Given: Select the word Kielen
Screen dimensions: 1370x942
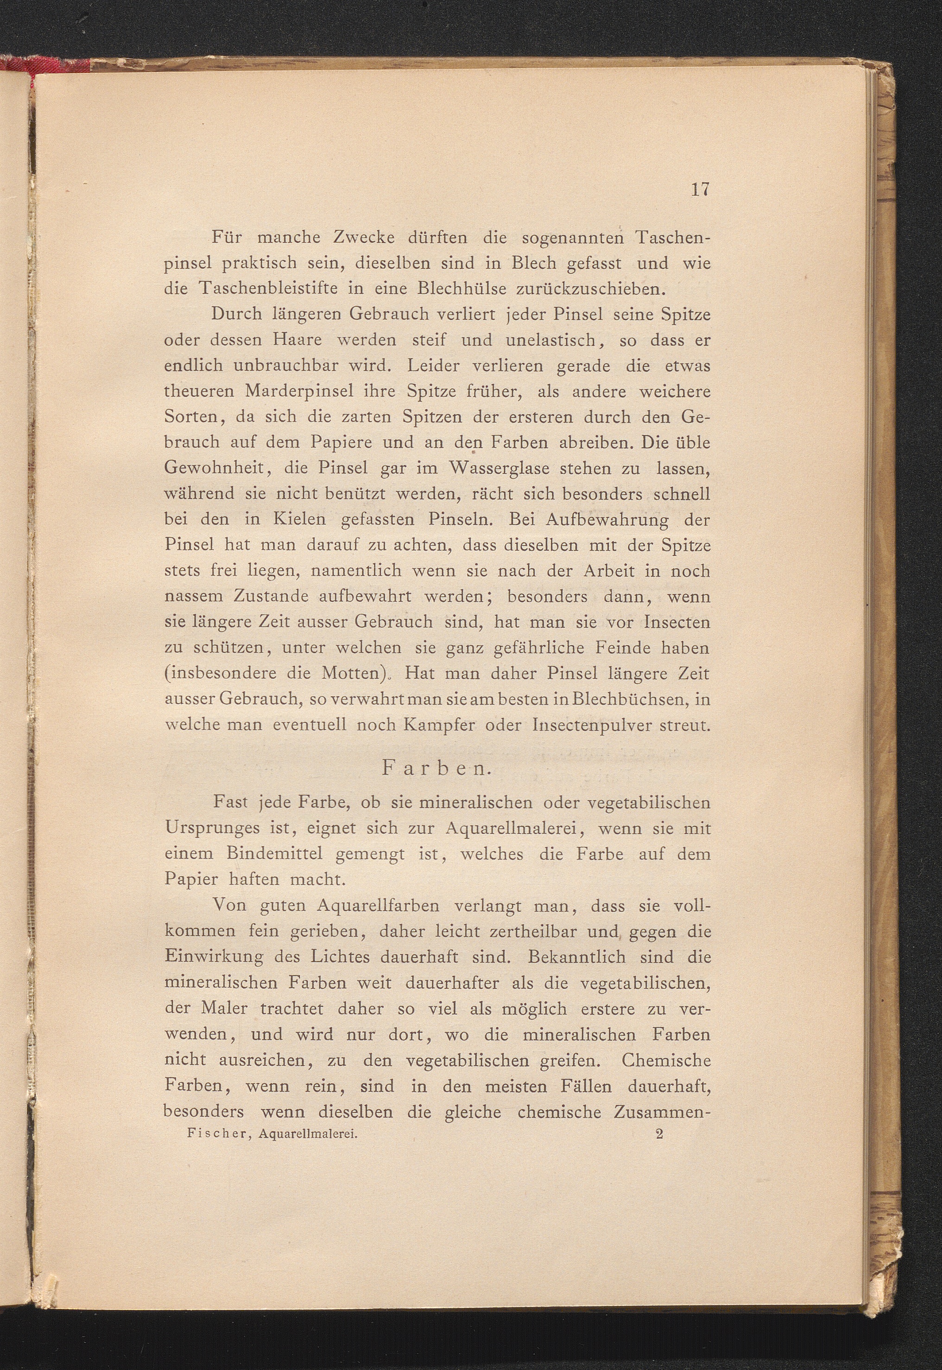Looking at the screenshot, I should (300, 520).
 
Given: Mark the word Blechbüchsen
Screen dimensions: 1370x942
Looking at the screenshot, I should (627, 699).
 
